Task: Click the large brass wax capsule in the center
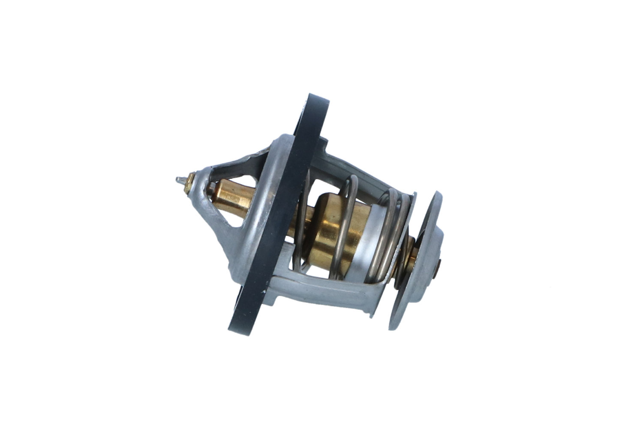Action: point(334,227)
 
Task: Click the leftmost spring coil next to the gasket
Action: point(302,223)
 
